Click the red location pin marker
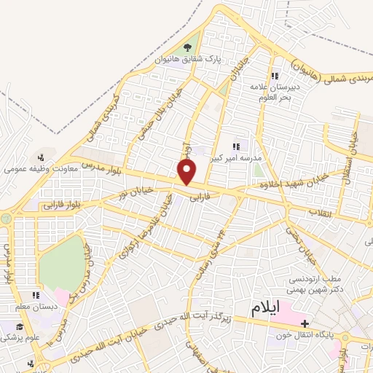pyautogui.click(x=187, y=171)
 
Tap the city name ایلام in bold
pyautogui.click(x=266, y=307)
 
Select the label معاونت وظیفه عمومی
pyautogui.click(x=34, y=168)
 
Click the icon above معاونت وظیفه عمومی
pyautogui.click(x=41, y=156)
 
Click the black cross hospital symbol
pyautogui.click(x=305, y=323)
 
